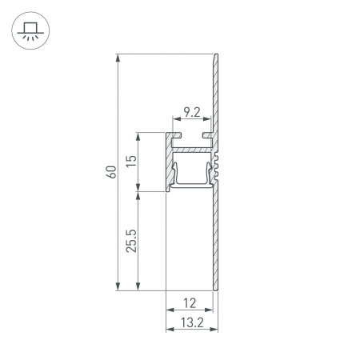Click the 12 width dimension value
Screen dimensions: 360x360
click(190, 302)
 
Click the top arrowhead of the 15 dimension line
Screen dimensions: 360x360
click(140, 135)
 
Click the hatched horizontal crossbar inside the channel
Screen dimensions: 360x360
click(193, 149)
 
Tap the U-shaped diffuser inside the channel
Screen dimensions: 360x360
click(193, 182)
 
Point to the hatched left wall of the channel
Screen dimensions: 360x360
click(170, 168)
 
